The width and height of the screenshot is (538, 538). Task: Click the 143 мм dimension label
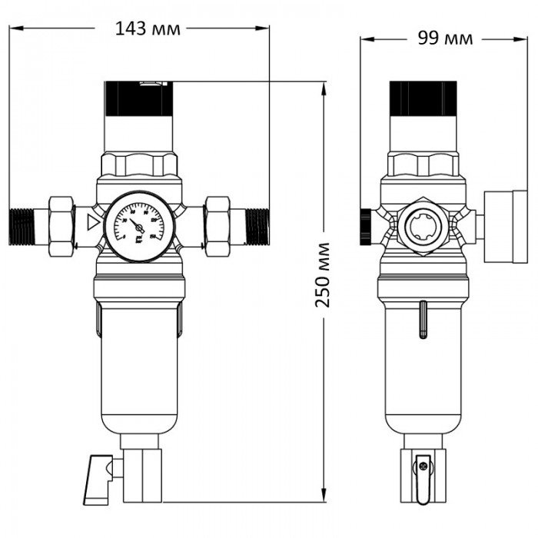tap(148, 29)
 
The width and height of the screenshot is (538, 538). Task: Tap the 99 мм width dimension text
tap(445, 38)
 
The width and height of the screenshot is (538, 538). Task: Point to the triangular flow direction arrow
tap(93, 224)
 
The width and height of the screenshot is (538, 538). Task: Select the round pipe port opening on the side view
tap(420, 226)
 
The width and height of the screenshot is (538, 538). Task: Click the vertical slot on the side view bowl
tap(422, 320)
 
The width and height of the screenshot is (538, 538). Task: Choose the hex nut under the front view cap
tap(139, 164)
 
